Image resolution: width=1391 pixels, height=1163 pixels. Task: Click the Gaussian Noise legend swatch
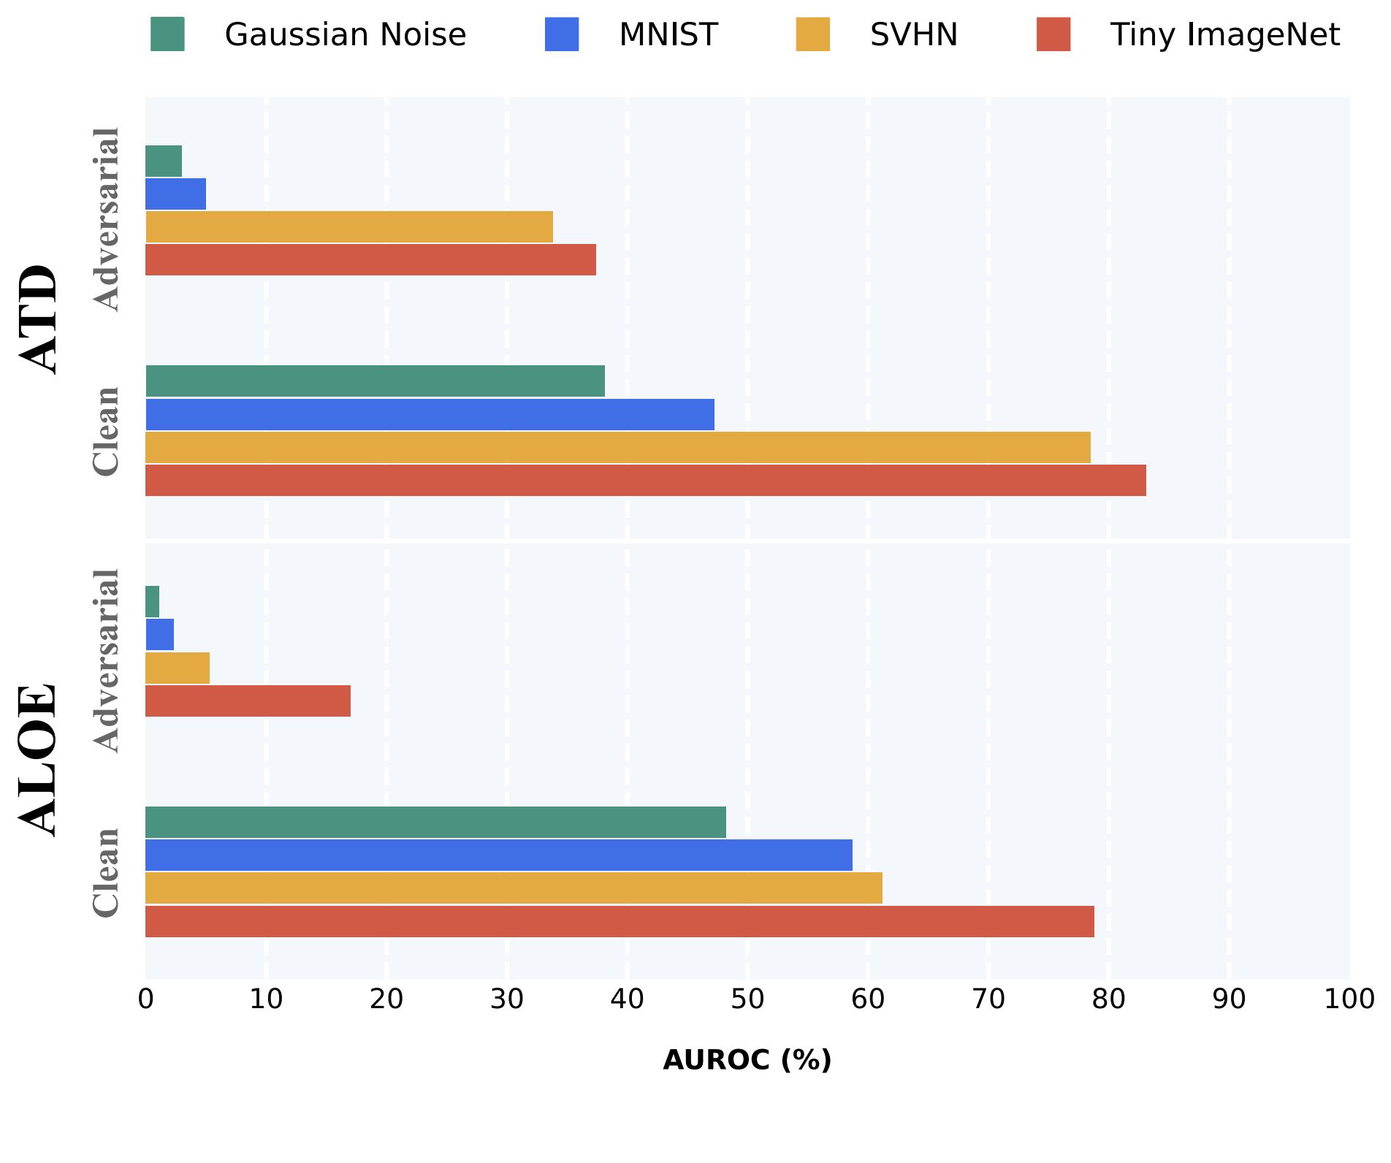(x=167, y=34)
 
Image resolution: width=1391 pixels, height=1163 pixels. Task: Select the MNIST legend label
(x=668, y=34)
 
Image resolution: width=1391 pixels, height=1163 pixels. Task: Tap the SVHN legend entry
(x=913, y=34)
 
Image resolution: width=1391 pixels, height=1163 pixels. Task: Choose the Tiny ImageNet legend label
(x=1224, y=34)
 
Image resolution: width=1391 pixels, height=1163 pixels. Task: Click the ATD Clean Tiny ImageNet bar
(x=645, y=480)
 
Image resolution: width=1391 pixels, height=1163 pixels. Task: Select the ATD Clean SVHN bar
(x=617, y=447)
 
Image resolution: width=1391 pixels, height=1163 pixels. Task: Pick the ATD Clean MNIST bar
(x=430, y=414)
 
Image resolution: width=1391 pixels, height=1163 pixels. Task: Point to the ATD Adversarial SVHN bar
(x=349, y=226)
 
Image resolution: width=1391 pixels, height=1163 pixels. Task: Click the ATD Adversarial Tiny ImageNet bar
(x=370, y=259)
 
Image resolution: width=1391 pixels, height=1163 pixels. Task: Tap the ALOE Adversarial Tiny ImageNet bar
(x=248, y=701)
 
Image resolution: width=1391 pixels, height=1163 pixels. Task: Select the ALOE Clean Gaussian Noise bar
(x=435, y=822)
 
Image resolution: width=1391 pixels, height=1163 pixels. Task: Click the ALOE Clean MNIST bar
(x=498, y=855)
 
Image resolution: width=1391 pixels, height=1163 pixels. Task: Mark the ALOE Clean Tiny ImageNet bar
(x=620, y=921)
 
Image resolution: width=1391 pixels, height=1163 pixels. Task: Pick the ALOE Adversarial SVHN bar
(x=178, y=668)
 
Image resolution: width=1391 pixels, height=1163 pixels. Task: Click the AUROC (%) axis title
(x=747, y=1060)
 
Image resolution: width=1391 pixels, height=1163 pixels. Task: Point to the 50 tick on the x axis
(x=747, y=999)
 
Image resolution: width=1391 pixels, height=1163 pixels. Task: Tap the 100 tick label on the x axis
(x=1349, y=999)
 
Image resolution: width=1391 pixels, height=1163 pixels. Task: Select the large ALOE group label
(x=38, y=760)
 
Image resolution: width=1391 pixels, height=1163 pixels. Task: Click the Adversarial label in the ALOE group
(x=107, y=660)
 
